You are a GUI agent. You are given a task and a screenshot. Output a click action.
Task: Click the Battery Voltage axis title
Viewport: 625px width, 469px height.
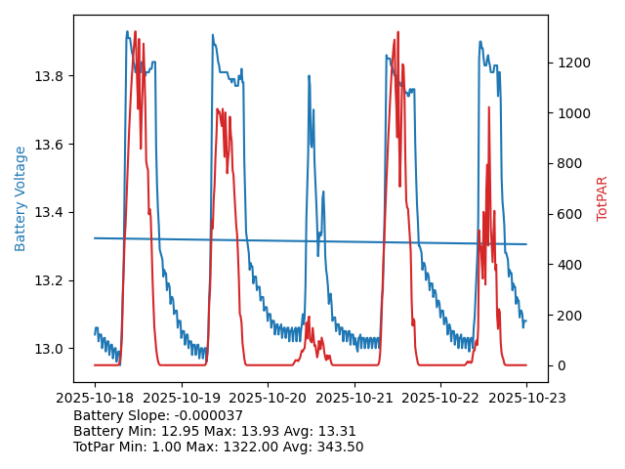21,198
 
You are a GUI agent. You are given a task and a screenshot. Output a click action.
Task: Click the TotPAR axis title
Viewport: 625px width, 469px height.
603,198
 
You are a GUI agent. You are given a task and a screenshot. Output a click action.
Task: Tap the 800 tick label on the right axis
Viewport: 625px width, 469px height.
567,164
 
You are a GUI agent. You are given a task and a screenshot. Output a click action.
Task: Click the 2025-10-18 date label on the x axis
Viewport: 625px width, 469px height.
95,397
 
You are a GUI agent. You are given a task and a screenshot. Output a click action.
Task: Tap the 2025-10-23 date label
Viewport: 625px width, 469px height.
526,397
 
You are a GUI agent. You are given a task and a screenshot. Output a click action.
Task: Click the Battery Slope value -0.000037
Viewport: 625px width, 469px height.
207,415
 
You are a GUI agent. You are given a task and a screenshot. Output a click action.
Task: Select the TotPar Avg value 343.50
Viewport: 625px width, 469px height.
334,447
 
